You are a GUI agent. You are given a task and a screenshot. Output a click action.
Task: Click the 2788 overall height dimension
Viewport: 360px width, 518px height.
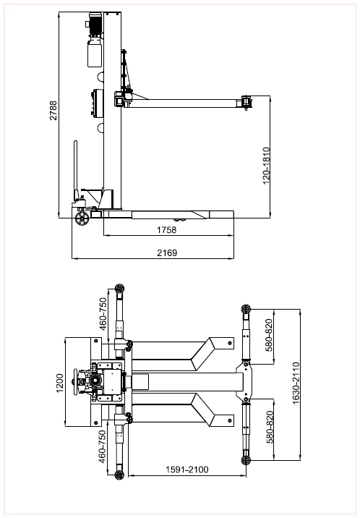click(53, 111)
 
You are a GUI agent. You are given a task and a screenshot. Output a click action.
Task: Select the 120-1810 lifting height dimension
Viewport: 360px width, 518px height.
click(266, 166)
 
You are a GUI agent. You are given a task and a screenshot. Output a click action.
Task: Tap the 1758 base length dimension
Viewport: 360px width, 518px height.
click(167, 230)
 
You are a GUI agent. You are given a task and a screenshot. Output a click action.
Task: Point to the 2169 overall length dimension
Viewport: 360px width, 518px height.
click(167, 253)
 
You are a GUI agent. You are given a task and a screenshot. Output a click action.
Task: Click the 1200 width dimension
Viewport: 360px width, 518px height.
click(60, 383)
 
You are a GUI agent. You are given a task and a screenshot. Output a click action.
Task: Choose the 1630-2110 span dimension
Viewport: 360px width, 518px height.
click(296, 383)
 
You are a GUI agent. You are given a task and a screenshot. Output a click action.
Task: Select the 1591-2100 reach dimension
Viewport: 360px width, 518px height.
click(187, 470)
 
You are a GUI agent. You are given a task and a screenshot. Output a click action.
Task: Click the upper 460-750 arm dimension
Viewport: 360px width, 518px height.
click(103, 314)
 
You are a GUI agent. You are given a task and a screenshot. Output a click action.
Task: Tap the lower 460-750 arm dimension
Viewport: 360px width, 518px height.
click(103, 446)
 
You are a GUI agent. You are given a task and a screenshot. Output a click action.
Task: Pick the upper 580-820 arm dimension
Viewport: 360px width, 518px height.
click(270, 335)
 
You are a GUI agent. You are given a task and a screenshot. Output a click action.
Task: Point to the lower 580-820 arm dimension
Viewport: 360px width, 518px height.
click(270, 427)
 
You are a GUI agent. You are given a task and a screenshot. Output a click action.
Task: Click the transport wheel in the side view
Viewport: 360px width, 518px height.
click(82, 218)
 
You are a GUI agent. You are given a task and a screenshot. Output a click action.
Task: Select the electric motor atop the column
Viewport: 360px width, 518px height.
click(95, 23)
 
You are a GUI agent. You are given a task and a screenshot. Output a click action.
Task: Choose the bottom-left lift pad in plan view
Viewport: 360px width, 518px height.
click(119, 475)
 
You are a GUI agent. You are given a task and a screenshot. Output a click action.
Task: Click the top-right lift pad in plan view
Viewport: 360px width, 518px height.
click(246, 309)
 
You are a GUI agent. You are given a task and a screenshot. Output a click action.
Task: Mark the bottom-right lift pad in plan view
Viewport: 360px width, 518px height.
click(246, 460)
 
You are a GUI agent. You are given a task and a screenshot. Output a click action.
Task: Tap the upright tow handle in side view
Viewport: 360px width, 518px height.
click(76, 169)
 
